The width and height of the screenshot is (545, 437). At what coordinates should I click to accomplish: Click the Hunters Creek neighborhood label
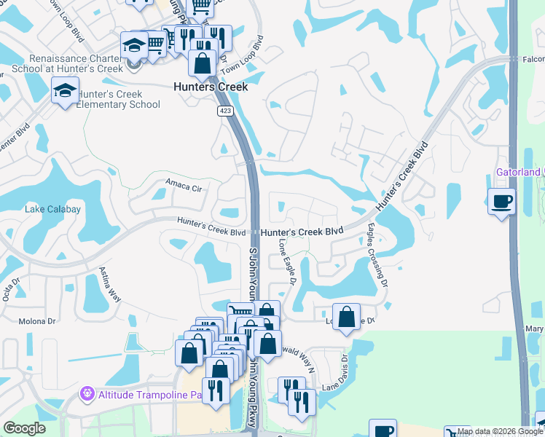tap(211, 87)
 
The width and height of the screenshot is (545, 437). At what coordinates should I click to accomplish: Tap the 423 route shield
tap(224, 111)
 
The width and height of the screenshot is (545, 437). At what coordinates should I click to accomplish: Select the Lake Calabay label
tap(53, 209)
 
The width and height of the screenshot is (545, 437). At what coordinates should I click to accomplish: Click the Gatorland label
tap(518, 172)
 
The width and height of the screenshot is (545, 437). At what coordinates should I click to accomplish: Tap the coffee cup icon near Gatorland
tap(502, 200)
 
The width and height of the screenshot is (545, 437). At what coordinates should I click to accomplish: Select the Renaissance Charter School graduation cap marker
tap(135, 46)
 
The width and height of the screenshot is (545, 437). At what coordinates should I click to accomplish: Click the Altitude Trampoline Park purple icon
tap(87, 394)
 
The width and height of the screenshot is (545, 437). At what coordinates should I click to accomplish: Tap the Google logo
tap(26, 429)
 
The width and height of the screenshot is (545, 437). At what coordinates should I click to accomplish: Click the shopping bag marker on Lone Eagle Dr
tap(347, 318)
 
